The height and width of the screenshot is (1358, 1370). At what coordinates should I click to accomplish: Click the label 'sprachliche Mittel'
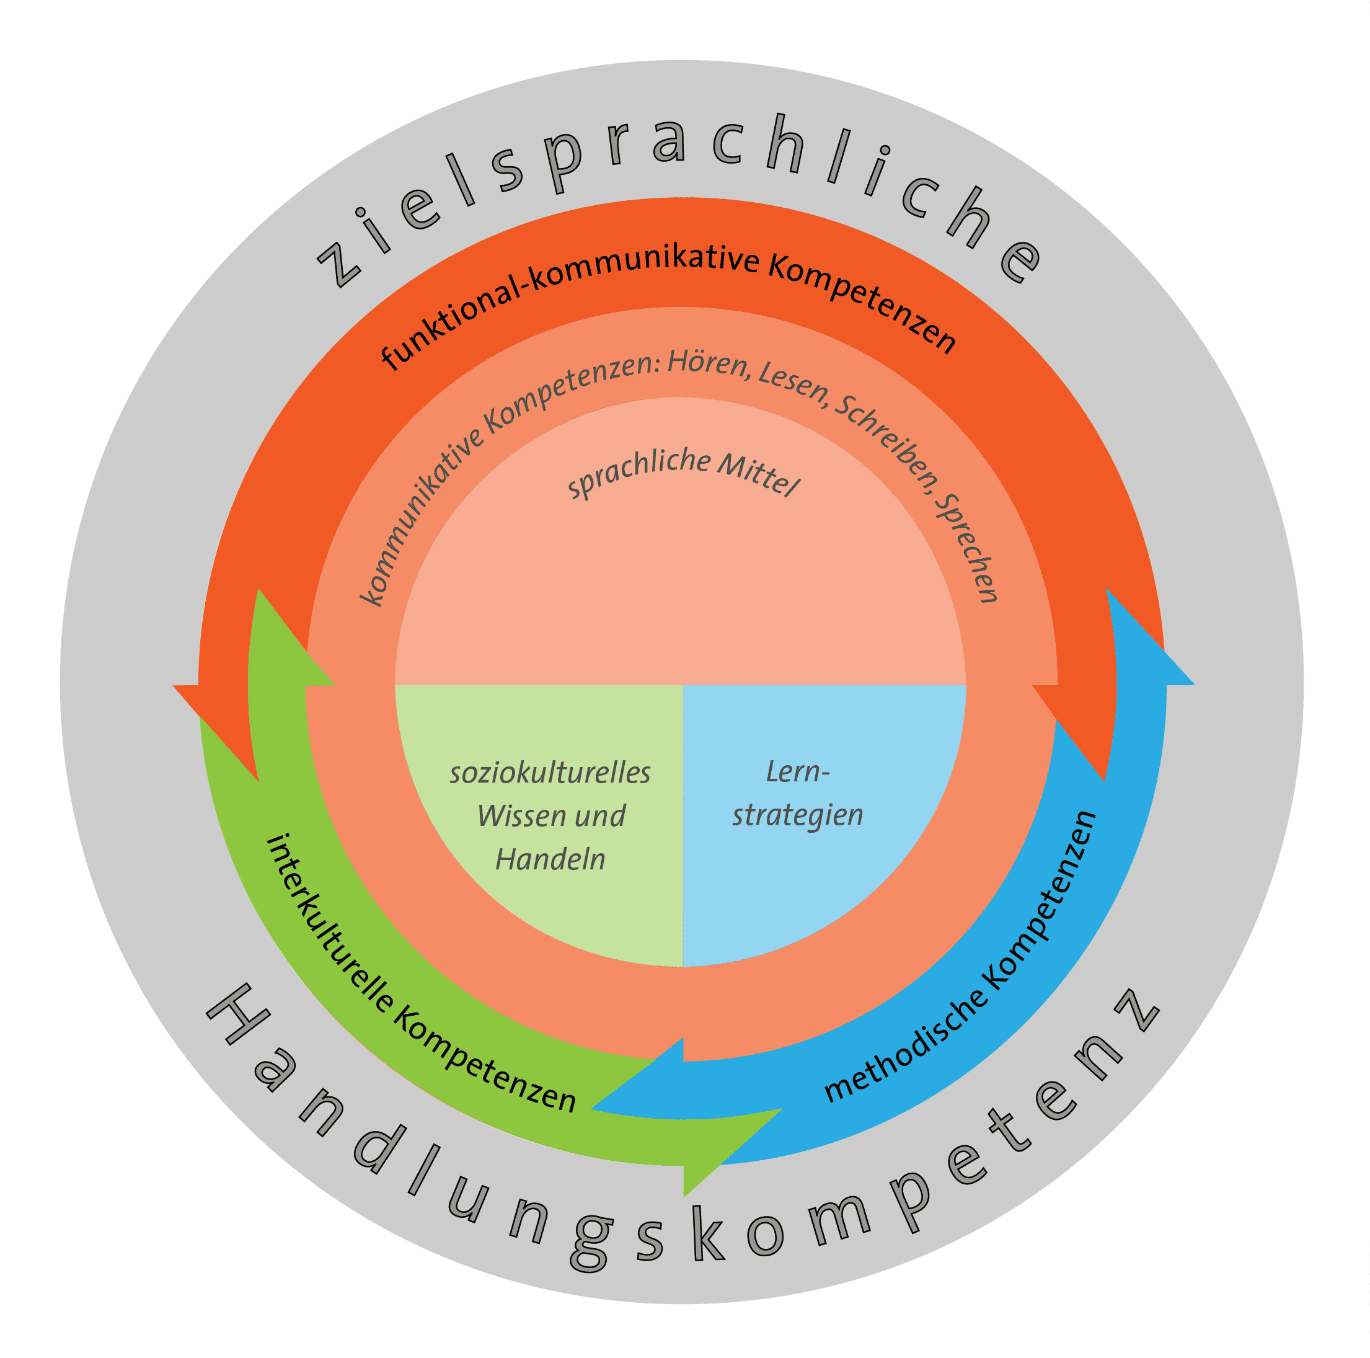tap(684, 471)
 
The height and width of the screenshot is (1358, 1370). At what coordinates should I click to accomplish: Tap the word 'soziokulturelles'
tap(550, 774)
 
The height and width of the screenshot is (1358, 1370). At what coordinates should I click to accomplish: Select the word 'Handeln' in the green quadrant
tap(550, 860)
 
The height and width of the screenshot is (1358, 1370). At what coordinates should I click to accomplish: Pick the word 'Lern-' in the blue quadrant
tap(798, 771)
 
